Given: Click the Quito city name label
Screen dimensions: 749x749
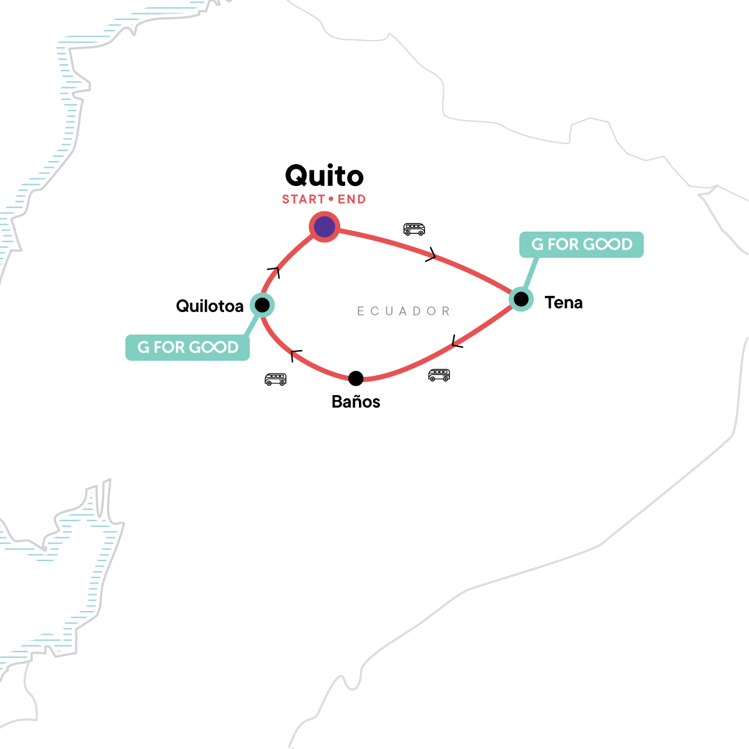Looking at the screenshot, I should [324, 176].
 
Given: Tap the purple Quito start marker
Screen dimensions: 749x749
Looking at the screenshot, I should [324, 227].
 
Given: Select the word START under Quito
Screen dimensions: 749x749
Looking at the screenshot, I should [304, 200].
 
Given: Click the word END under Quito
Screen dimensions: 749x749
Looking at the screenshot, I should [352, 200].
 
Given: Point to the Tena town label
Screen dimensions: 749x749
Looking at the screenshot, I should [564, 303].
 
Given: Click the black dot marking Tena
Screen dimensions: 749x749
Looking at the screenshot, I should [521, 299].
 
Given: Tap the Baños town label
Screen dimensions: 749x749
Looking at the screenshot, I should [356, 401].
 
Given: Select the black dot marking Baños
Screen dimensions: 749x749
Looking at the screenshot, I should [356, 378].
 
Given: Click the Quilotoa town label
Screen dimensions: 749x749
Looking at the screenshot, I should [210, 306].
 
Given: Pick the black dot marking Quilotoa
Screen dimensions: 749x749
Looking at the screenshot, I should [262, 305].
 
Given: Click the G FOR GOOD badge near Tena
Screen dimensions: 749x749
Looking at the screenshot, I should [582, 245].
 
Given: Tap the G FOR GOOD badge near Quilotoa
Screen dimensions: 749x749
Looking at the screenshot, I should [188, 348].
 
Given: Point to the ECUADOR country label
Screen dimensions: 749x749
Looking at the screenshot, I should [403, 311].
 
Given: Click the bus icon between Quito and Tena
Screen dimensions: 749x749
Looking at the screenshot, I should [414, 229].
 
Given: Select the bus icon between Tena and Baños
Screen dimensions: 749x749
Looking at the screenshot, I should [439, 374].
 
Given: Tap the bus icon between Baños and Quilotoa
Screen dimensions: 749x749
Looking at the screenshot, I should [275, 379].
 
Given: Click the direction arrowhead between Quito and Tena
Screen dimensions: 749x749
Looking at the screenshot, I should [431, 255].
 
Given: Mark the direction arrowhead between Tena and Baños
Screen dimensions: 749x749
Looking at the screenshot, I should [457, 342].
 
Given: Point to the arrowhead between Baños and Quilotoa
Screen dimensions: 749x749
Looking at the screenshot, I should [296, 355].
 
